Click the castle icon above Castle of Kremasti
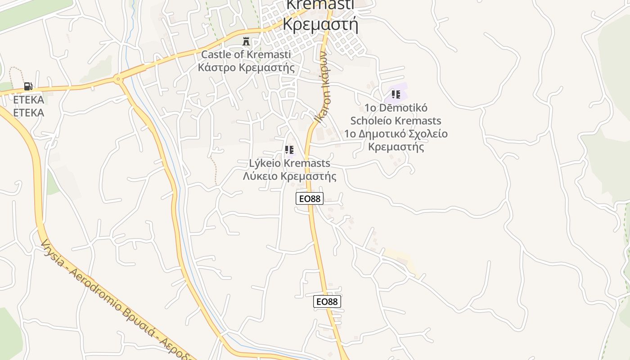246,41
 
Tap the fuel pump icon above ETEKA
28,86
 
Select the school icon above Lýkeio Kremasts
289,149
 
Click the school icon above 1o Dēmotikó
396,94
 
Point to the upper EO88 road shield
310,198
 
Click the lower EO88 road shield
327,301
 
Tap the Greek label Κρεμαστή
320,23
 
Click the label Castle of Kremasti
246,54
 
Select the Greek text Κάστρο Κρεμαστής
246,67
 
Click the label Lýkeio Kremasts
289,163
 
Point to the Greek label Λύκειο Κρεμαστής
289,176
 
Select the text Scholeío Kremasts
396,121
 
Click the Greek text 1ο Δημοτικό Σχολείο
396,134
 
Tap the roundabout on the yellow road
118,80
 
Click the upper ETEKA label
28,99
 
